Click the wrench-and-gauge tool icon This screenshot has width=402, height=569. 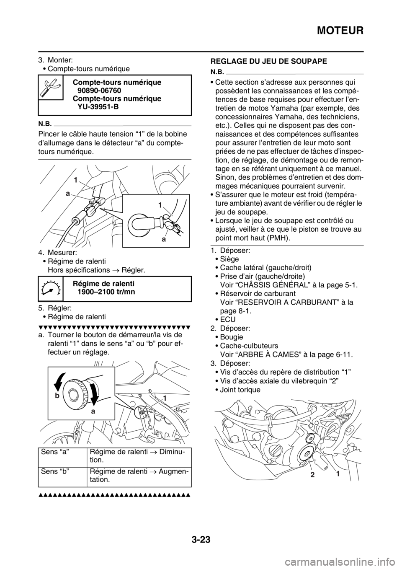click(50, 87)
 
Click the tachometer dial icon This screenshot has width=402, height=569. click(50, 289)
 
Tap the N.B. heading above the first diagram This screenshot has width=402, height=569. click(45, 123)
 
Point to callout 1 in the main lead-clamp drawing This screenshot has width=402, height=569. click(76, 179)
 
